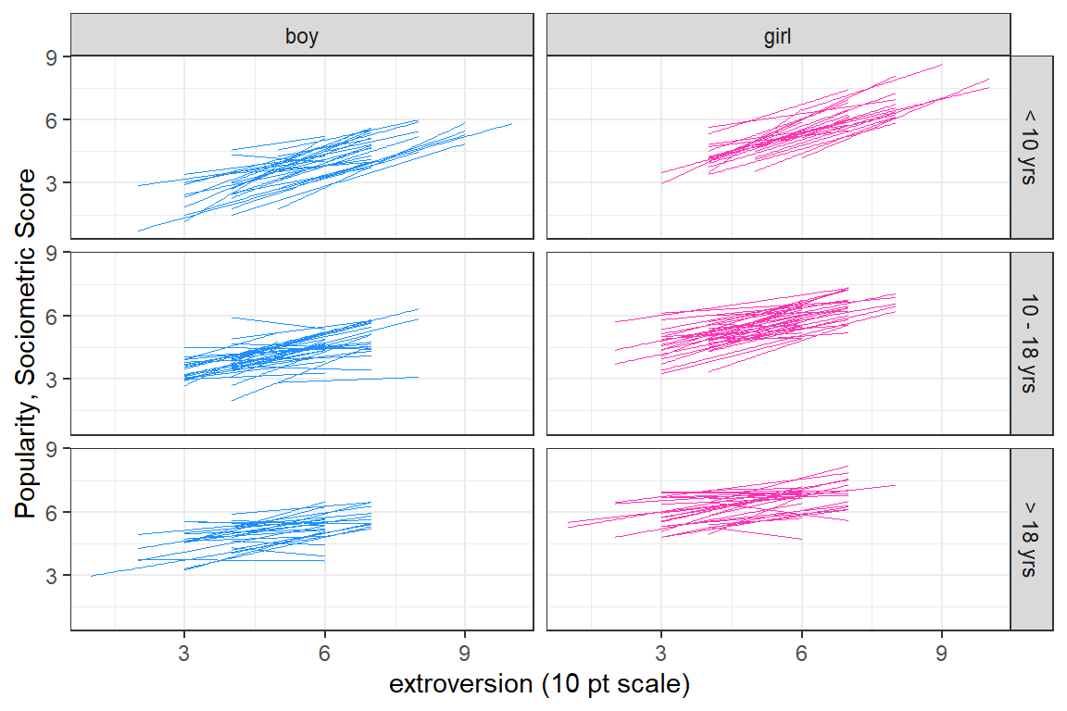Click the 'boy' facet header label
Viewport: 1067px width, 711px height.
(302, 36)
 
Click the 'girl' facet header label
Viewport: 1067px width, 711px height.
(778, 36)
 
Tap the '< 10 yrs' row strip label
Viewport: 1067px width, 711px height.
(1031, 147)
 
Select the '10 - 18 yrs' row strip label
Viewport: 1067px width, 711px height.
(1031, 343)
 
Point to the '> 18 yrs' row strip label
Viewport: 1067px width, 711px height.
(1031, 540)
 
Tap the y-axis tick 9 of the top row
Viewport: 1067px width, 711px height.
(52, 56)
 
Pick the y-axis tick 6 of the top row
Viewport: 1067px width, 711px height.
(52, 119)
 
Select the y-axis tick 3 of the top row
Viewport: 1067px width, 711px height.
(52, 183)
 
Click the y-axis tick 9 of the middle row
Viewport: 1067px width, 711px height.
(52, 253)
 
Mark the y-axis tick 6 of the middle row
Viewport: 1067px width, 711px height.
(52, 316)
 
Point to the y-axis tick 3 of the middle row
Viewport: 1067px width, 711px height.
(52, 380)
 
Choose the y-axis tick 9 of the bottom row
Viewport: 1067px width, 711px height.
(52, 449)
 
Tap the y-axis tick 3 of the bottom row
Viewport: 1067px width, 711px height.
(52, 576)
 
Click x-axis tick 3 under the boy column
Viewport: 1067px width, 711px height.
(184, 651)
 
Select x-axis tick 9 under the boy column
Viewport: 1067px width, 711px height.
(465, 651)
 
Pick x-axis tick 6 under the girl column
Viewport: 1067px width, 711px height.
(801, 651)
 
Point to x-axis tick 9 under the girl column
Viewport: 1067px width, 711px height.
(941, 651)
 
